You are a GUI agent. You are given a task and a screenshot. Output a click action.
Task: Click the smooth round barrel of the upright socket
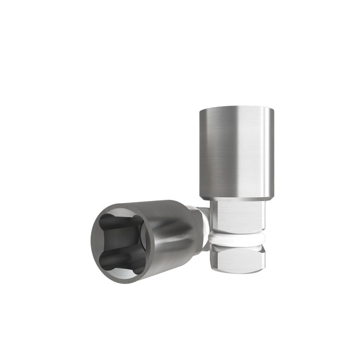[237, 152]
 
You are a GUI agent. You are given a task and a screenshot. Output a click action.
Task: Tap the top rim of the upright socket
[237, 108]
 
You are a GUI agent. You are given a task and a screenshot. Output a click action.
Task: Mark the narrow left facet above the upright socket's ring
[215, 217]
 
